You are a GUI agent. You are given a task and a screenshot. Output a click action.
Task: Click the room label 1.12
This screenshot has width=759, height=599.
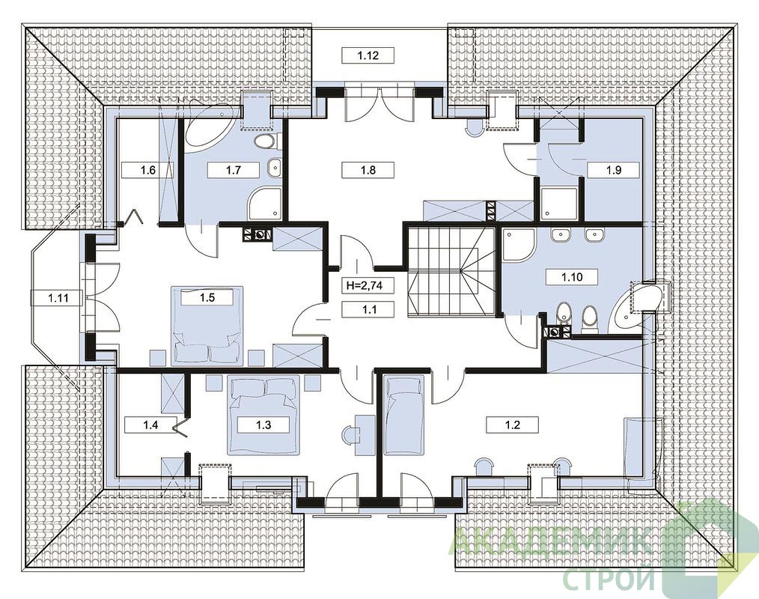(x=368, y=55)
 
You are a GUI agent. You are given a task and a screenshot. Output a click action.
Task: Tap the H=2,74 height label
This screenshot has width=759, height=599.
(x=365, y=285)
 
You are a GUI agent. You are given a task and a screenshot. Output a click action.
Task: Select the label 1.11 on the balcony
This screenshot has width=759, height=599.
(x=58, y=298)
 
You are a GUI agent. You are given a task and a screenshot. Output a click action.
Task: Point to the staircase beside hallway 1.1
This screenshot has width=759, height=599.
(x=451, y=272)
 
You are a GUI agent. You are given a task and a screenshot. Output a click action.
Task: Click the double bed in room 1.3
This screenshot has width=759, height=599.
(x=263, y=415)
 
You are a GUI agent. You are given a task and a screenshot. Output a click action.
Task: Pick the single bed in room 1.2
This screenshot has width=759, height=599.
(x=404, y=415)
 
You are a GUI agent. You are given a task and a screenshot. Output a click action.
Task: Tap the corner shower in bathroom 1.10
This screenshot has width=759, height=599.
(x=517, y=245)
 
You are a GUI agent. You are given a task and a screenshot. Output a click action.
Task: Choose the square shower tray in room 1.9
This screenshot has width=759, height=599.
(x=558, y=204)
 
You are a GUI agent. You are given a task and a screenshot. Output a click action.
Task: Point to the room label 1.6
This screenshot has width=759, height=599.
(x=147, y=170)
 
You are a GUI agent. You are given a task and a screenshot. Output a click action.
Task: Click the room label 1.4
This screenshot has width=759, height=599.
(x=150, y=425)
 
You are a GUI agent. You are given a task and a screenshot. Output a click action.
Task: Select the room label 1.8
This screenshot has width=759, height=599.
(x=368, y=170)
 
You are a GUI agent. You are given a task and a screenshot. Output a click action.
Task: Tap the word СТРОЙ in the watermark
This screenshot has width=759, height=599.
(x=612, y=579)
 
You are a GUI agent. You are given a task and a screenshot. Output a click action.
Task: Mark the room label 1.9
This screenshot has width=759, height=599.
(x=613, y=170)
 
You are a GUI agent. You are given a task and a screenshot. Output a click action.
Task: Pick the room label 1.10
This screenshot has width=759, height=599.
(x=572, y=278)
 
